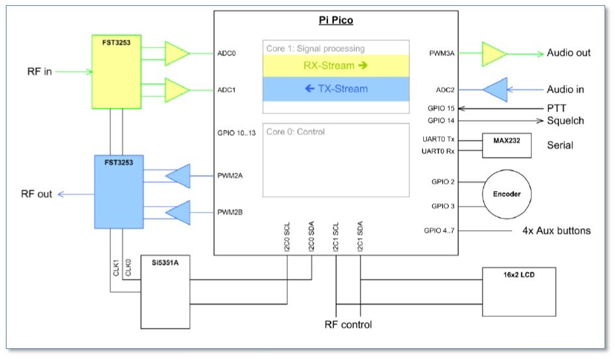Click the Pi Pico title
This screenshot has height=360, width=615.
pyautogui.click(x=336, y=20)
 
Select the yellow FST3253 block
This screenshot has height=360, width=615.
pyautogui.click(x=117, y=72)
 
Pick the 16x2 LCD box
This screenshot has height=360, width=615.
pyautogui.click(x=519, y=291)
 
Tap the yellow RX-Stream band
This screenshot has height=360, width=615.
pyautogui.click(x=336, y=66)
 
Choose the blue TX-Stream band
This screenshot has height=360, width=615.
pyautogui.click(x=336, y=89)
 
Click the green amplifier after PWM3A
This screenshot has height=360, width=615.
pyautogui.click(x=494, y=53)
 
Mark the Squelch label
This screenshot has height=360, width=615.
pyautogui.click(x=565, y=120)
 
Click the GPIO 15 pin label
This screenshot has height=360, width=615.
pyautogui.click(x=441, y=108)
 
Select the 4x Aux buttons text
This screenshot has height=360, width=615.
pyautogui.click(x=556, y=230)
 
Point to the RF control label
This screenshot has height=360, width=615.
pyautogui.click(x=348, y=324)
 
